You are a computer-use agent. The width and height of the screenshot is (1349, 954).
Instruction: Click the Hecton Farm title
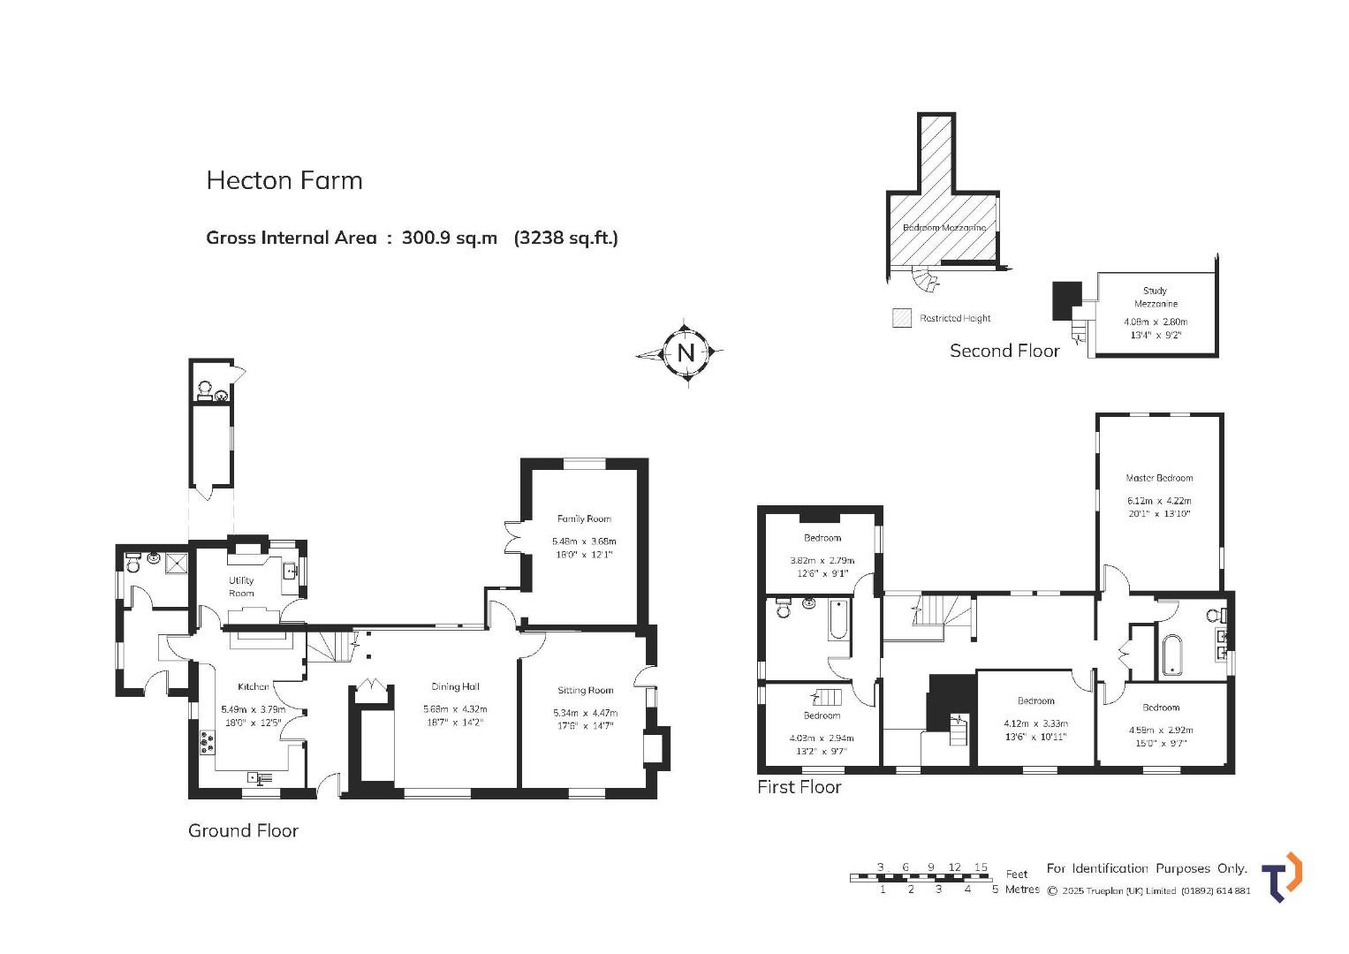pyautogui.click(x=284, y=181)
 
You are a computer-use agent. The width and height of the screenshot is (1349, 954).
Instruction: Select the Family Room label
pyautogui.click(x=584, y=519)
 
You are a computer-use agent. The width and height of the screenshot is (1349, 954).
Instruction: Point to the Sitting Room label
pyautogui.click(x=585, y=690)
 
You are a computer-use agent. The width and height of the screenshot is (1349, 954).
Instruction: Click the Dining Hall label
pyautogui.click(x=455, y=686)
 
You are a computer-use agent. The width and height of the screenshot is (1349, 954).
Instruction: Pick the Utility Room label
pyautogui.click(x=241, y=587)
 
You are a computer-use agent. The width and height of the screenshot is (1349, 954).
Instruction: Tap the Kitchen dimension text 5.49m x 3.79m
pyautogui.click(x=253, y=709)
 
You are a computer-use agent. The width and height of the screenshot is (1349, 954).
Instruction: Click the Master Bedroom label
pyautogui.click(x=1159, y=478)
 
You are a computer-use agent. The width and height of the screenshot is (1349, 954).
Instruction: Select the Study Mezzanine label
pyautogui.click(x=1155, y=298)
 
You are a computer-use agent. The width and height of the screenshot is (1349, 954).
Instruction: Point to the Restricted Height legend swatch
pyautogui.click(x=901, y=318)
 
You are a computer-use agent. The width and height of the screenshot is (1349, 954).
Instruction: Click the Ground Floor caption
pyautogui.click(x=243, y=831)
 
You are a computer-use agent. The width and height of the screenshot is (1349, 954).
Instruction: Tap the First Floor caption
pyautogui.click(x=800, y=787)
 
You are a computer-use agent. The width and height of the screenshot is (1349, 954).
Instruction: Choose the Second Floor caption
pyautogui.click(x=1004, y=352)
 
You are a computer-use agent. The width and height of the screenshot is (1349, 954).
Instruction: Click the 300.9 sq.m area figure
pyautogui.click(x=450, y=238)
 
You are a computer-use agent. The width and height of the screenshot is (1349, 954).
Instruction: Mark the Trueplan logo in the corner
pyautogui.click(x=1282, y=877)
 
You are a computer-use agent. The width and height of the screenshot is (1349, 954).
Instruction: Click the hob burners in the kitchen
pyautogui.click(x=208, y=742)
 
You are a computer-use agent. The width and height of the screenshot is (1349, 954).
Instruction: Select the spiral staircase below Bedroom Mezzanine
pyautogui.click(x=925, y=279)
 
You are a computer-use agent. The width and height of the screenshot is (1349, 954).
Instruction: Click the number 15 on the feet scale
pyautogui.click(x=981, y=867)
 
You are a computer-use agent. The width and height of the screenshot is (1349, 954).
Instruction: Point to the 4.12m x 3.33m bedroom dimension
pyautogui.click(x=1036, y=724)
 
